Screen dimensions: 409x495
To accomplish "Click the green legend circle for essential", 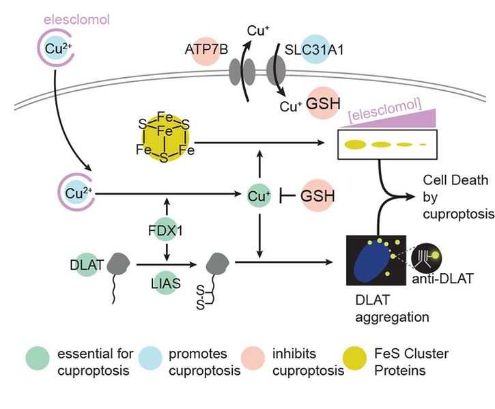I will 38,362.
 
